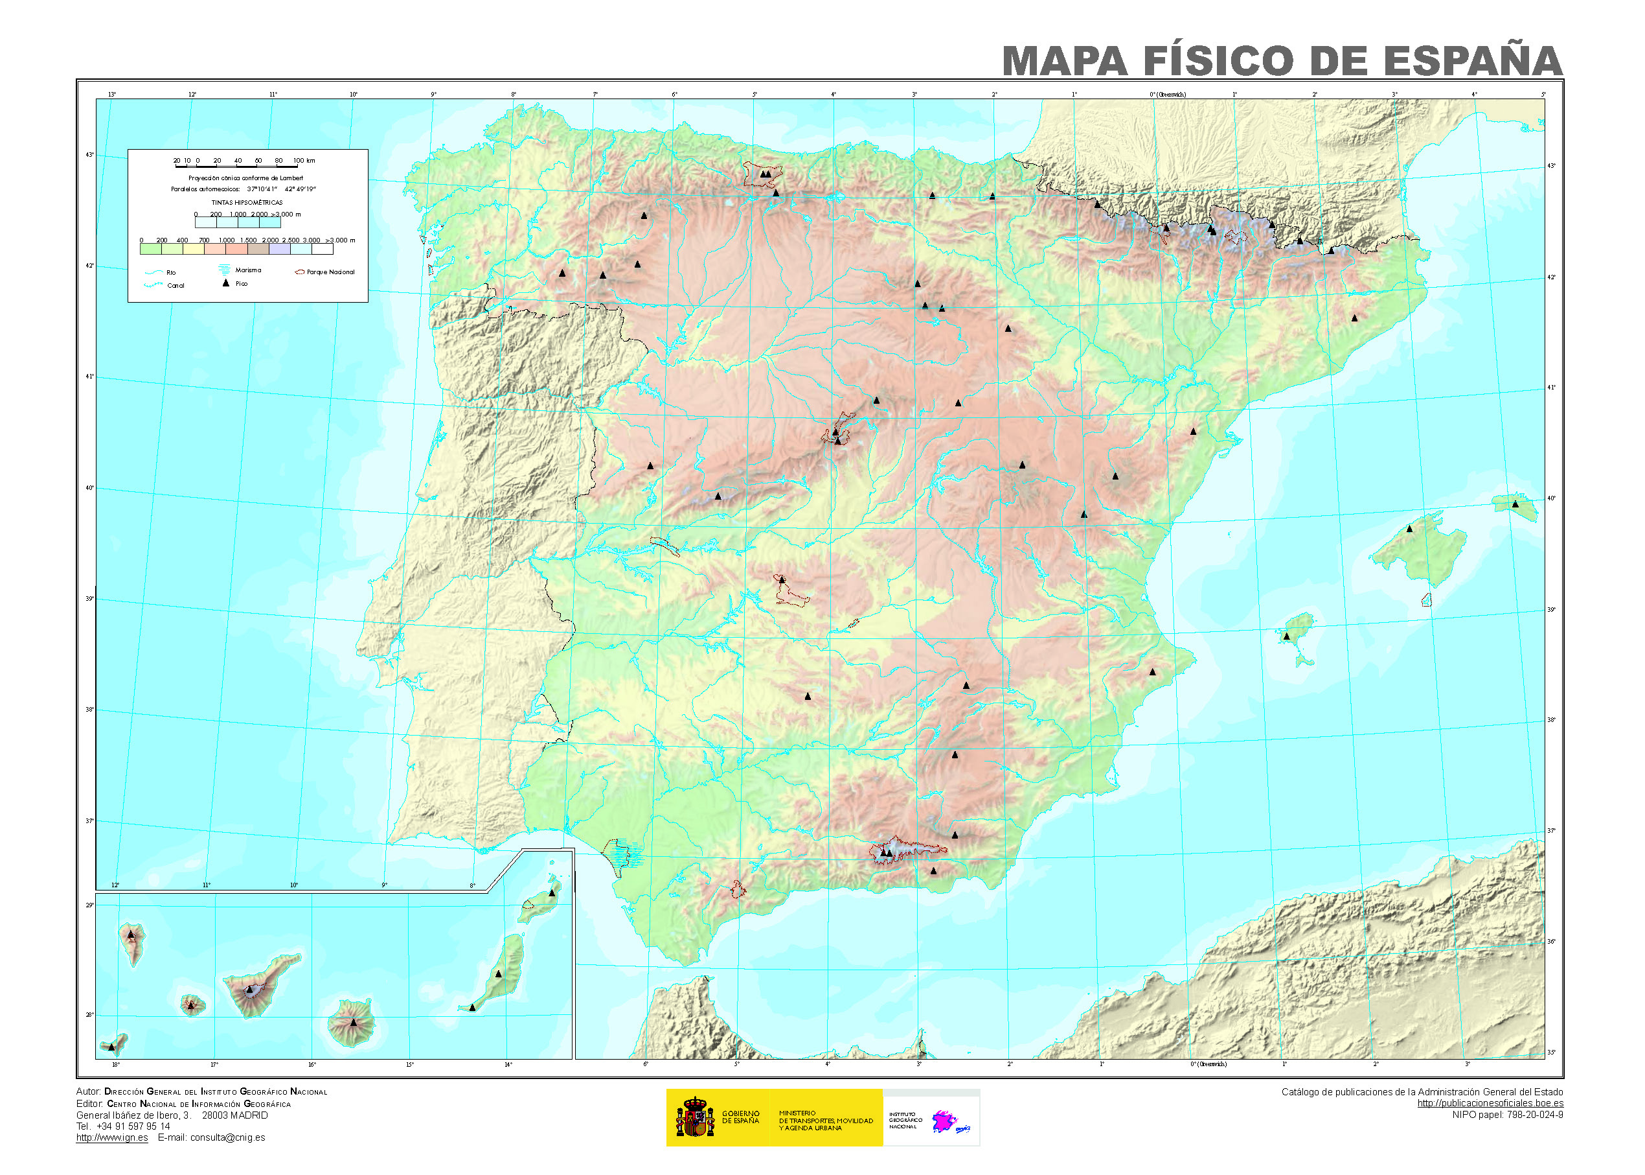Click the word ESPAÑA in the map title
pos(1473,61)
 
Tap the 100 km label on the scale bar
pos(304,161)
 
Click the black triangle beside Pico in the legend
pos(225,284)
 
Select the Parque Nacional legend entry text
pos(330,272)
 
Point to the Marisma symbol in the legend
pos(224,269)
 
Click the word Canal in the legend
pos(176,286)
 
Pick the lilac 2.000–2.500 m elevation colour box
pos(280,249)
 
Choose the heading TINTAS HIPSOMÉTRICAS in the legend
pos(247,203)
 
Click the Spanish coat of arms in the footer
pos(694,1118)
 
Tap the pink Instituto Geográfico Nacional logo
pos(944,1121)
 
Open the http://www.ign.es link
pos(112,1137)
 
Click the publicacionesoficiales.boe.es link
pos(1490,1103)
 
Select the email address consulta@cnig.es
pos(228,1137)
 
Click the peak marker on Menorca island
pos(1515,504)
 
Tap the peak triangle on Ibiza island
pos(1286,636)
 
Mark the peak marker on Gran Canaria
pos(354,1022)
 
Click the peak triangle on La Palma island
pos(131,935)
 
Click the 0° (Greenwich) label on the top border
pos(1168,94)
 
